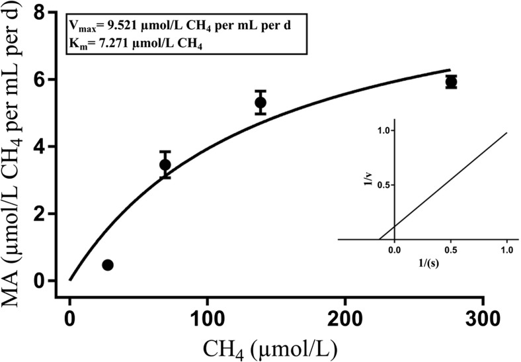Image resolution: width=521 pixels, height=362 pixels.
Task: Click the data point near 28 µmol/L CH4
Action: pyautogui.click(x=108, y=265)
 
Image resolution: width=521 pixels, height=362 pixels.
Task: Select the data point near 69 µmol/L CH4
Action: pyautogui.click(x=165, y=165)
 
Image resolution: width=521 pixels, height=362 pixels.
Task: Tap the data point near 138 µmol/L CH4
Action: pyautogui.click(x=260, y=103)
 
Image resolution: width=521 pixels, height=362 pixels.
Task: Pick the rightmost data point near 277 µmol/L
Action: pyautogui.click(x=452, y=82)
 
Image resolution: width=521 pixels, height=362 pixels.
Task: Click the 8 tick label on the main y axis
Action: pyautogui.click(x=44, y=13)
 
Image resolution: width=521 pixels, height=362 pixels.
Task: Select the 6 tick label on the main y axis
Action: pyautogui.click(x=44, y=79)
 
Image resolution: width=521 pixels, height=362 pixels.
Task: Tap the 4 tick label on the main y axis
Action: pyautogui.click(x=44, y=147)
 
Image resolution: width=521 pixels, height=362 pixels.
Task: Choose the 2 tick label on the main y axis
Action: pyautogui.click(x=44, y=214)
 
